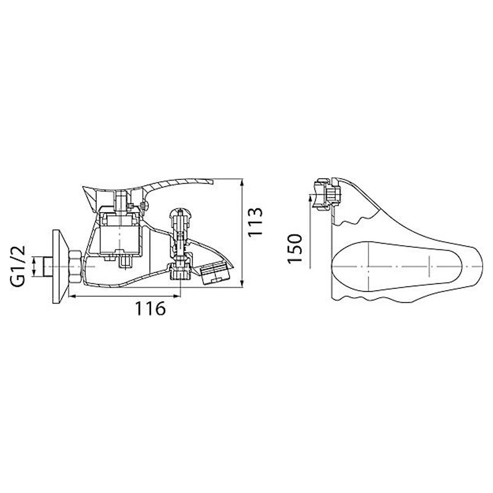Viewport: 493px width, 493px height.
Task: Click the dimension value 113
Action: click(255, 222)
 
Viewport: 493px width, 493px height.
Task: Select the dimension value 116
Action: click(150, 309)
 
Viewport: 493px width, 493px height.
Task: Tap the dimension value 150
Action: click(295, 249)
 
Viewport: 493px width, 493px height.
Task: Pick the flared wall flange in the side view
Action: click(60, 267)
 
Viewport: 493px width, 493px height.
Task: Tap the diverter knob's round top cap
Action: click(179, 214)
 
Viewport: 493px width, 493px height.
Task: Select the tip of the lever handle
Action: click(213, 181)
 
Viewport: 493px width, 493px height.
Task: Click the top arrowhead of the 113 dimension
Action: click(242, 182)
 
